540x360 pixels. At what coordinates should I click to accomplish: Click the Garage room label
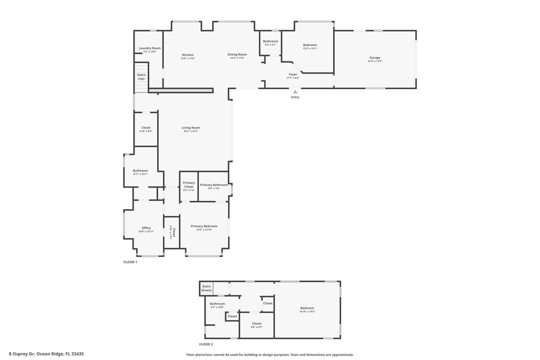pos(374,57)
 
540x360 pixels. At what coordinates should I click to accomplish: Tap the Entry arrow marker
pos(295,92)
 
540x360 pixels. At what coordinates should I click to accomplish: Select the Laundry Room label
pos(149,48)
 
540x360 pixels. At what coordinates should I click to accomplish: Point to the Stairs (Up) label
pos(141,76)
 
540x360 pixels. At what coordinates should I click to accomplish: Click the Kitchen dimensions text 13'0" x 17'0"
pos(187,58)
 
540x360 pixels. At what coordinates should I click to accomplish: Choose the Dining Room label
pos(237,54)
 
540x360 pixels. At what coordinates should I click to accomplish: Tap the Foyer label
pos(293,74)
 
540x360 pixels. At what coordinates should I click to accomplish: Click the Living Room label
pos(190,127)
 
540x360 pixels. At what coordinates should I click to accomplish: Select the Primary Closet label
pos(188,184)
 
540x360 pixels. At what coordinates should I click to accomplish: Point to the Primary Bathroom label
pos(213,185)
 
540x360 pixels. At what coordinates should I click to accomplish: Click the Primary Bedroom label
pos(204,226)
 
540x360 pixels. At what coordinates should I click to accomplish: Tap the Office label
pos(146,228)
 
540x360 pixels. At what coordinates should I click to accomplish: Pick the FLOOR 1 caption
pos(130,262)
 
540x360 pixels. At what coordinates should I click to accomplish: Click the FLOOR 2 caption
pos(206,344)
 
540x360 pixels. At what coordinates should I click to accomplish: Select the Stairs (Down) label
pos(206,288)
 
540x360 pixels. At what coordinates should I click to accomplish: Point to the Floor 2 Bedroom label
pos(307,308)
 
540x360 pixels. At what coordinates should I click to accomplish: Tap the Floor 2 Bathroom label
pos(217,303)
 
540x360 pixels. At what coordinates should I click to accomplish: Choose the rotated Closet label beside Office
pos(174,232)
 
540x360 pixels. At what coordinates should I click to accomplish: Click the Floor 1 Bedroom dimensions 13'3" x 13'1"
pos(310,49)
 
